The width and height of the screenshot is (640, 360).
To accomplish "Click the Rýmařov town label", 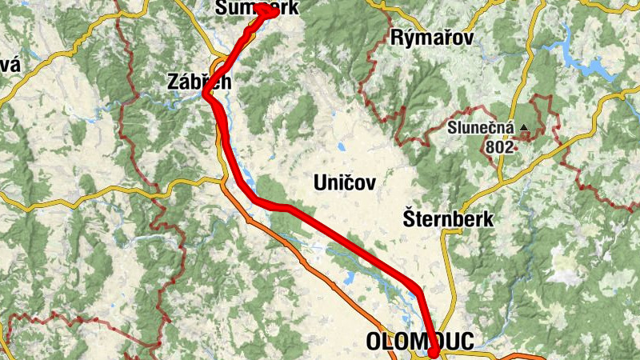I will coord(432,37).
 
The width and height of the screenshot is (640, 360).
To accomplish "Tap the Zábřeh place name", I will coord(199,81).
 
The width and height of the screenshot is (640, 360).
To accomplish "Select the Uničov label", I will coord(343,183).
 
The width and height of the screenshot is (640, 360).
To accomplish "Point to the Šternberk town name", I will coord(448,218).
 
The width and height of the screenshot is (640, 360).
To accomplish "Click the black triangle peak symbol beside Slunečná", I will coord(524,127).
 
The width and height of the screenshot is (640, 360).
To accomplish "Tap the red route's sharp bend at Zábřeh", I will coord(206,94).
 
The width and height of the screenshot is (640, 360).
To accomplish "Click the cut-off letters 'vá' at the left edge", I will coord(8,65).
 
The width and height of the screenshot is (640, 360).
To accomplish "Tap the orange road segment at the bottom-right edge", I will coord(528,354).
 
